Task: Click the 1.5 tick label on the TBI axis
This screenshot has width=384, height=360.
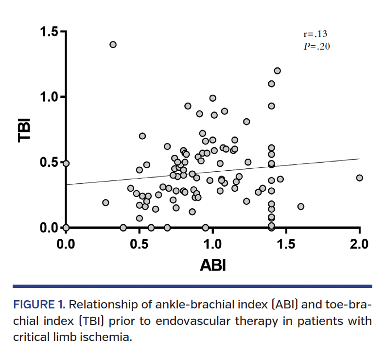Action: tap(49, 32)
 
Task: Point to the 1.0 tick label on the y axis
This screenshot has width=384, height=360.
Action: tap(49, 97)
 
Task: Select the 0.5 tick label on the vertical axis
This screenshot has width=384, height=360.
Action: tap(49, 162)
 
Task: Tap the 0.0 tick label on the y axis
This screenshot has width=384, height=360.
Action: tap(49, 227)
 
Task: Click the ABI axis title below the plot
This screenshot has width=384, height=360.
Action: tap(212, 266)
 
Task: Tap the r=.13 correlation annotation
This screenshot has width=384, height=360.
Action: tap(315, 35)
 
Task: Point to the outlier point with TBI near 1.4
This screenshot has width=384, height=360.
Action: tap(113, 44)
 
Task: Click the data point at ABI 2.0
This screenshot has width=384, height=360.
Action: tap(359, 178)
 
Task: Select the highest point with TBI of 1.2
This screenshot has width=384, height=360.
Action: tap(277, 71)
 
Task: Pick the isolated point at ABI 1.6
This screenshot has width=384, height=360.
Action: tap(300, 206)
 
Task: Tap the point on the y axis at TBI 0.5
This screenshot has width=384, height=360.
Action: tap(66, 163)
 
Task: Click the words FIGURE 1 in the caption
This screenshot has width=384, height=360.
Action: tap(38, 306)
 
